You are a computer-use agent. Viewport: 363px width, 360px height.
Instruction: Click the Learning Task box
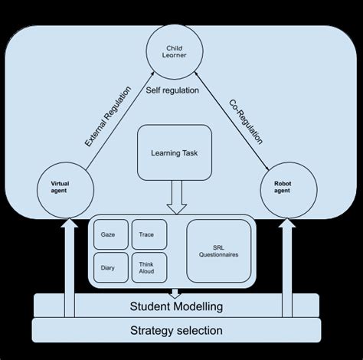pyautogui.click(x=175, y=152)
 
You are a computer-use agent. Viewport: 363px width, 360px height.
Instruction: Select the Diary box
pyautogui.click(x=109, y=268)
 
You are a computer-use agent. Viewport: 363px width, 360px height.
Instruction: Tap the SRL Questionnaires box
pyautogui.click(x=220, y=249)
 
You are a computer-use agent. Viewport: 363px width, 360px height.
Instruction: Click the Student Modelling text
pyautogui.click(x=177, y=306)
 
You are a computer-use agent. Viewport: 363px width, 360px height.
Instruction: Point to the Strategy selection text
pyautogui.click(x=177, y=331)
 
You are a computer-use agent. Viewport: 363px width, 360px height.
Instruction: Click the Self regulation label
pyautogui.click(x=172, y=90)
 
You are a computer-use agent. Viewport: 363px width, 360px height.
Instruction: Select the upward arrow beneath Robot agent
pyautogui.click(x=288, y=264)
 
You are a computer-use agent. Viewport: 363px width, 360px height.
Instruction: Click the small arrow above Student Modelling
pyautogui.click(x=175, y=292)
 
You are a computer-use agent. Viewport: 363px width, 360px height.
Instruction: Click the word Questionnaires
pyautogui.click(x=220, y=254)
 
